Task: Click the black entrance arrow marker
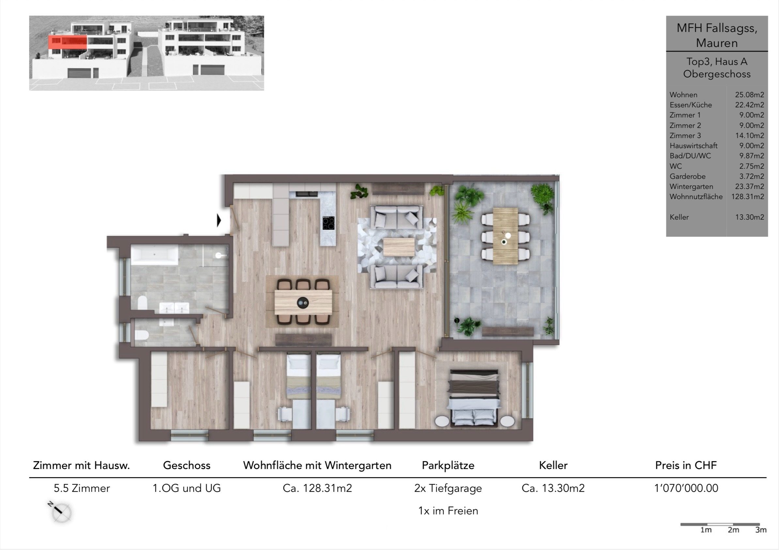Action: (x=219, y=221)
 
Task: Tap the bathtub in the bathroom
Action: (x=155, y=256)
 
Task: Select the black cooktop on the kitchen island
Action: (x=328, y=223)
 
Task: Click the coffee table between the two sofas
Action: (x=399, y=247)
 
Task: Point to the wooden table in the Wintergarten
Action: (x=505, y=236)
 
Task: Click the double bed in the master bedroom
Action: (x=474, y=398)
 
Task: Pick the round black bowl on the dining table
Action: (x=303, y=303)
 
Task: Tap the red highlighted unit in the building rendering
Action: (x=68, y=42)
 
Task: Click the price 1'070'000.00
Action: (x=686, y=488)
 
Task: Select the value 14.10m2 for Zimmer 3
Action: (x=750, y=135)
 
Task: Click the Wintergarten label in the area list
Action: (x=691, y=187)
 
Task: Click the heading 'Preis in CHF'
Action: (x=686, y=465)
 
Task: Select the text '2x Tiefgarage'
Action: (x=448, y=488)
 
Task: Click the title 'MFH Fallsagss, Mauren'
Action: (x=717, y=35)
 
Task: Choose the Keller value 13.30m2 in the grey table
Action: (x=750, y=217)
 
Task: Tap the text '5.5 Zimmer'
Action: (x=82, y=488)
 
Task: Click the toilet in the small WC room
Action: (x=142, y=335)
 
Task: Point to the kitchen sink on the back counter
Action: (x=307, y=194)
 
